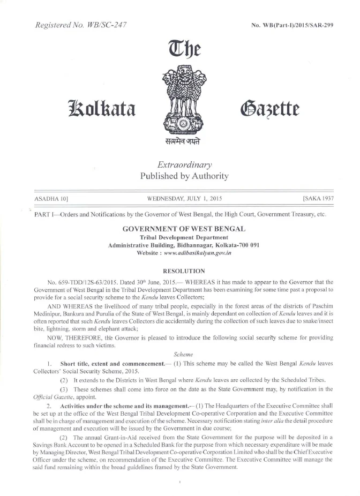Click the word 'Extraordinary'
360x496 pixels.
click(x=184, y=164)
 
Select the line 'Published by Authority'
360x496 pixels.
click(x=184, y=176)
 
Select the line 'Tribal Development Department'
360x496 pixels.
click(x=184, y=237)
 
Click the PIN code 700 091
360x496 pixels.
click(x=249, y=244)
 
